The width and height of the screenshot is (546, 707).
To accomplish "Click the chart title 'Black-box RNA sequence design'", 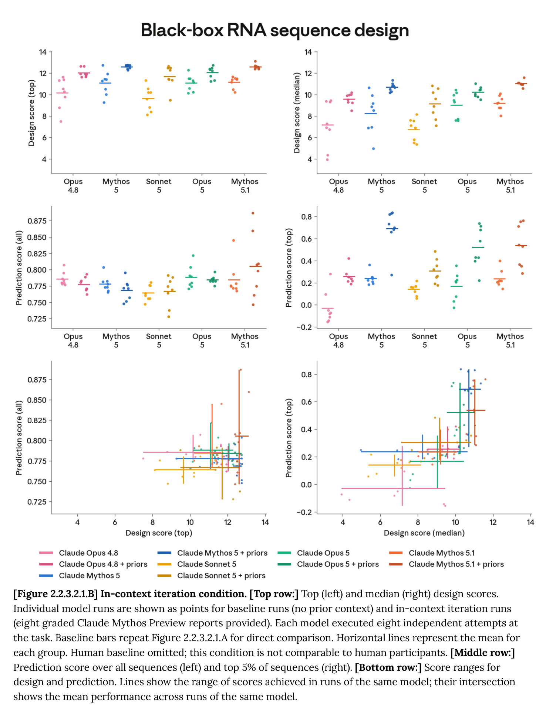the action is pyautogui.click(x=275, y=30).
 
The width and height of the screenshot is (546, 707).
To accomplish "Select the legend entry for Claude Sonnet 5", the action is pyautogui.click(x=206, y=564).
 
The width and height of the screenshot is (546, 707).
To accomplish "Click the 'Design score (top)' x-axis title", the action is pyautogui.click(x=159, y=533).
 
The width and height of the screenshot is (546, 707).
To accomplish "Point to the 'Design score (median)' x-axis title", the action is pyautogui.click(x=424, y=533).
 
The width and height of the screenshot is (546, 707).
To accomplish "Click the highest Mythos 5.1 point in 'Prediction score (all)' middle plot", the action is pyautogui.click(x=253, y=213).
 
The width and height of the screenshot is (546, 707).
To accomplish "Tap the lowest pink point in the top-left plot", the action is pyautogui.click(x=61, y=121).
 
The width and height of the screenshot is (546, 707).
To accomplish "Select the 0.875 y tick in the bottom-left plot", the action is pyautogui.click(x=37, y=380).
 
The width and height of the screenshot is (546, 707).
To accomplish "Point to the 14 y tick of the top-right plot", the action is pyautogui.click(x=308, y=52).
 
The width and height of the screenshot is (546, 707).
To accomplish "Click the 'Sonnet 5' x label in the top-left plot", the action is pyautogui.click(x=159, y=186).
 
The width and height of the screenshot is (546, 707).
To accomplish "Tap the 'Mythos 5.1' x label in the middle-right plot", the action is pyautogui.click(x=510, y=341).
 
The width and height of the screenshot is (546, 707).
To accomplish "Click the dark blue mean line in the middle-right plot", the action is pyautogui.click(x=392, y=229).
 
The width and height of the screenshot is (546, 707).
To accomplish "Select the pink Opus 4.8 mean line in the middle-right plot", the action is pyautogui.click(x=328, y=308).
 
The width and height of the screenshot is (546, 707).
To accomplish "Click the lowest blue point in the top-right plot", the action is pyautogui.click(x=373, y=149).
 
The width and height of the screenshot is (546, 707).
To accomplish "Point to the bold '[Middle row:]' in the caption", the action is pyautogui.click(x=483, y=652).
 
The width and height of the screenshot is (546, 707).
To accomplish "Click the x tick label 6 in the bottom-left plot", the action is pyautogui.click(x=115, y=522).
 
